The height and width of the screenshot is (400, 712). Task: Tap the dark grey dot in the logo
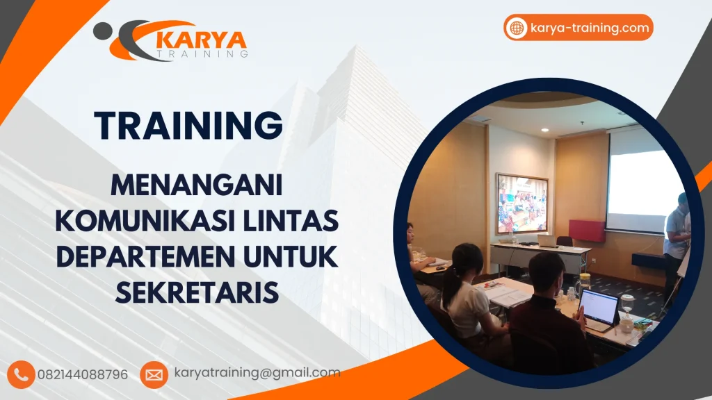[102, 31]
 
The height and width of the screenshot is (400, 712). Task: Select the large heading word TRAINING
[188, 125]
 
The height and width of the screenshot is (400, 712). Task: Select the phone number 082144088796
[88, 374]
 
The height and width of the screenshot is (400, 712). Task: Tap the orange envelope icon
[154, 374]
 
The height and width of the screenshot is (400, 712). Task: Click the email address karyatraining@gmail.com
[257, 373]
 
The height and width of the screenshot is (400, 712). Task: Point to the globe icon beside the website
[517, 28]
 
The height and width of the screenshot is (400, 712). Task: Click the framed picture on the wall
[521, 203]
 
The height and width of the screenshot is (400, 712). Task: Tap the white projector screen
[644, 182]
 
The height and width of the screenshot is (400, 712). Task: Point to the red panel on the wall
[587, 230]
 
